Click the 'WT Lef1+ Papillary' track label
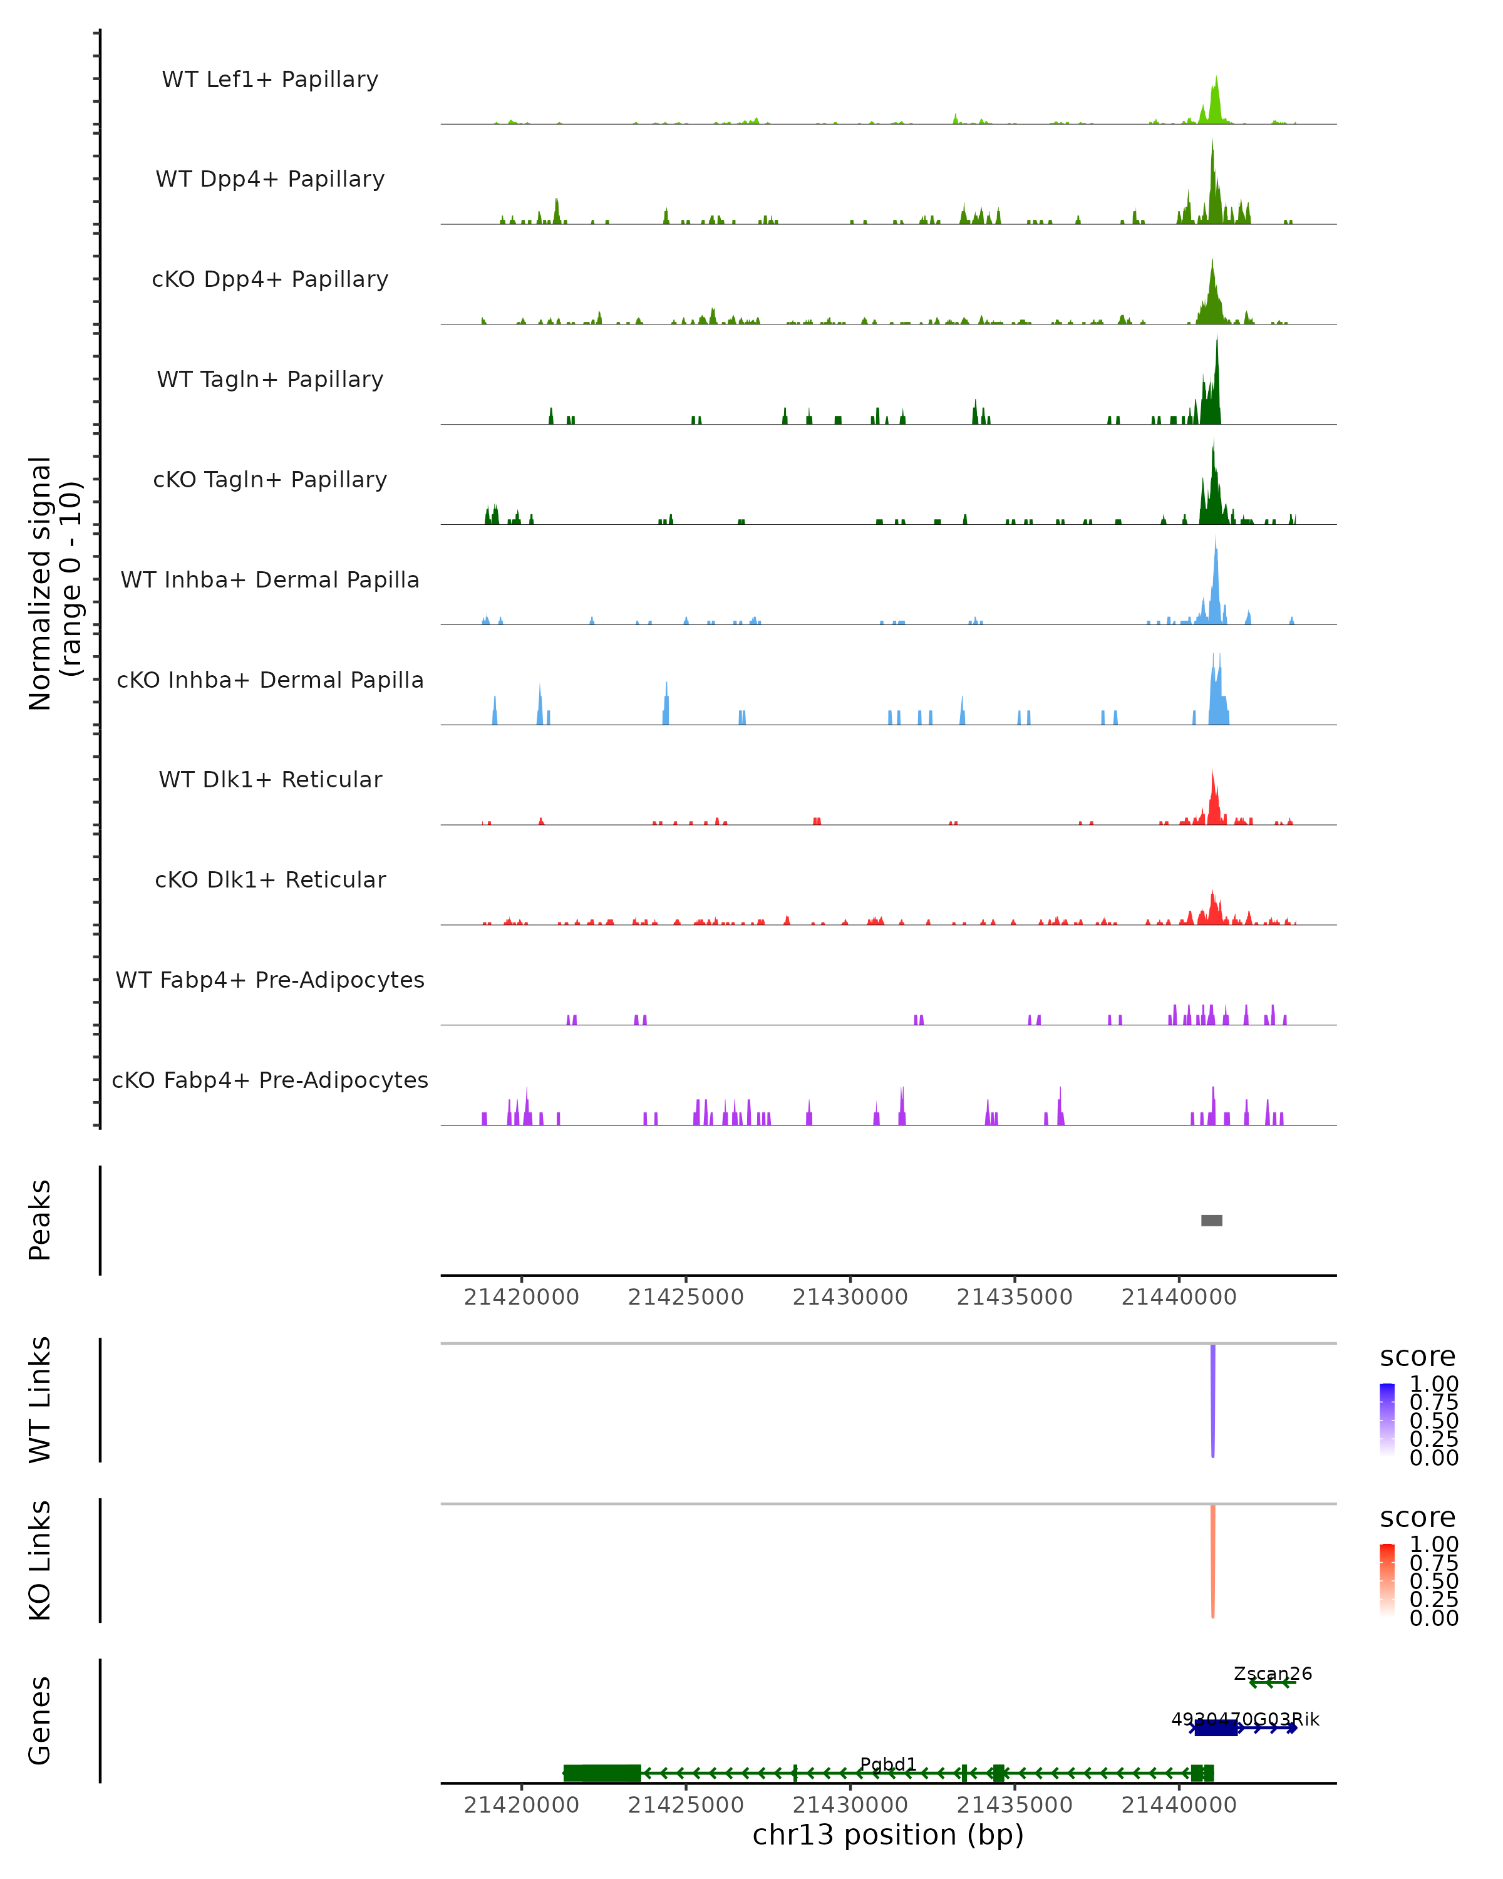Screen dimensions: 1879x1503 click(x=270, y=80)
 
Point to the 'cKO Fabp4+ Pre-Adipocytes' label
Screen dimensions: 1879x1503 click(x=270, y=1080)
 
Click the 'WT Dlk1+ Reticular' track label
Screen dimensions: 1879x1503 click(x=270, y=779)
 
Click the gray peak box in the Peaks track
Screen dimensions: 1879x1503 click(x=1211, y=1220)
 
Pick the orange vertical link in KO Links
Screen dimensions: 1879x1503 click(x=1212, y=1560)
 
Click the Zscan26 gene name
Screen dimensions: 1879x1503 click(x=1272, y=1674)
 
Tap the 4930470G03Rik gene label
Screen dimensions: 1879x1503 click(x=1245, y=1719)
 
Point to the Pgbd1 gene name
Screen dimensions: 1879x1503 click(x=888, y=1764)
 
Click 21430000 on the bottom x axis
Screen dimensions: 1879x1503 click(x=850, y=1805)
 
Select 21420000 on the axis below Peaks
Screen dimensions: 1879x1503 click(x=521, y=1297)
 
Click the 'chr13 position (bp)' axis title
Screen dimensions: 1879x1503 click(x=888, y=1835)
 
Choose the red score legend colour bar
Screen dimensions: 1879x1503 click(x=1387, y=1580)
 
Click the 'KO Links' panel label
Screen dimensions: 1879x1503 click(x=40, y=1560)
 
